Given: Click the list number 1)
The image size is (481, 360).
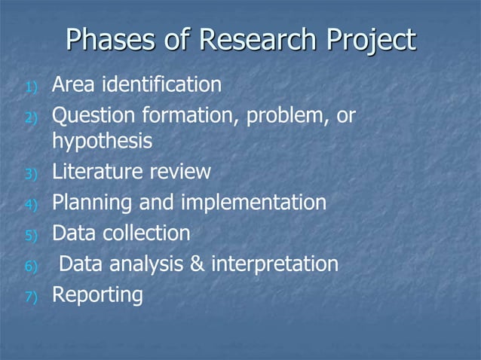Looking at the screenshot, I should click(31, 88).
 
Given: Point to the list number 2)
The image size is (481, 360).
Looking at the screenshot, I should click(31, 119).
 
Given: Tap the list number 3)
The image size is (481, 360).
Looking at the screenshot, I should click(31, 175).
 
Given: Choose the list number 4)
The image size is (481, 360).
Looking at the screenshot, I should click(31, 206).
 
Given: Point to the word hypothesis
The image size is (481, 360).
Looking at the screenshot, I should click(101, 142).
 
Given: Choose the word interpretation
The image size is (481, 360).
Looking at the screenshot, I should click(274, 265).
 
